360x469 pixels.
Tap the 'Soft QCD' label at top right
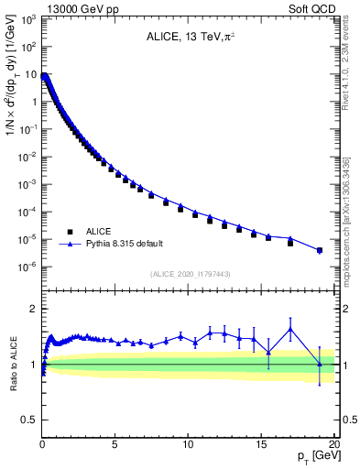click(x=311, y=8)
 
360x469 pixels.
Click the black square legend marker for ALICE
click(x=69, y=232)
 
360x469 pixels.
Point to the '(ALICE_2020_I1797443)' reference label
click(x=189, y=274)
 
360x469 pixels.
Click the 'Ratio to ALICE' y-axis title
click(x=13, y=365)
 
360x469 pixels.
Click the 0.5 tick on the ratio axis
click(x=29, y=420)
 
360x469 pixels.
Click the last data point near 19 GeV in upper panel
click(x=319, y=250)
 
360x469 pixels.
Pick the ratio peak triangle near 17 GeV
click(x=290, y=329)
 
